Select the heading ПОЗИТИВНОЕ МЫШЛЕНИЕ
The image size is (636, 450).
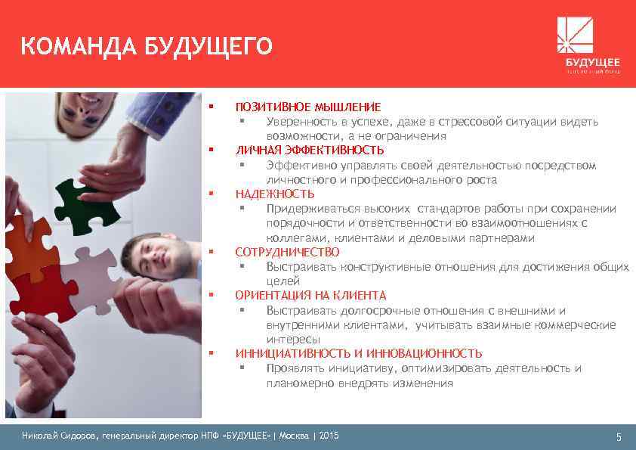point(307,107)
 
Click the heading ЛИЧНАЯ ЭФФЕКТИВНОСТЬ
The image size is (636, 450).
point(309,150)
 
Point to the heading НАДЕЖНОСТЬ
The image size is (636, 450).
point(274,194)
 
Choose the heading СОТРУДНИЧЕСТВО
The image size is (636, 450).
point(287,252)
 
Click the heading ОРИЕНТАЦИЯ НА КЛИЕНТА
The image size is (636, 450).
point(310,295)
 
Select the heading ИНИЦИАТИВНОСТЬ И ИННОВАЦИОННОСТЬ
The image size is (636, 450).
point(358,353)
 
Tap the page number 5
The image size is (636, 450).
point(618,437)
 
